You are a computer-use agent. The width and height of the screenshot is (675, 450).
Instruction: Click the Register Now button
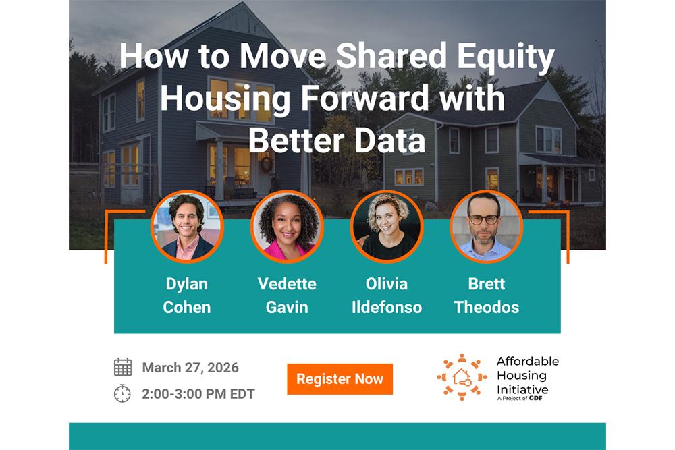click(340, 379)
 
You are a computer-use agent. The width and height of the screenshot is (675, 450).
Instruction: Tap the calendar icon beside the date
click(123, 367)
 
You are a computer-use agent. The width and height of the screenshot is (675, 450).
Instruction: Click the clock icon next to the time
click(122, 393)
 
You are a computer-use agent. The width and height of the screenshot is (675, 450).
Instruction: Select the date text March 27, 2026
click(190, 368)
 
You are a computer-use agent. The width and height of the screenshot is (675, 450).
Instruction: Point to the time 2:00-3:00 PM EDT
click(198, 394)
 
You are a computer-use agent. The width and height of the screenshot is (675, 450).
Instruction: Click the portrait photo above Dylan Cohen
click(187, 227)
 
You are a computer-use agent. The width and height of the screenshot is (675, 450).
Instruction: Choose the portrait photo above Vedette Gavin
click(287, 227)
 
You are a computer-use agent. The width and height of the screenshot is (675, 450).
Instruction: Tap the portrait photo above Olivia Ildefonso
click(387, 227)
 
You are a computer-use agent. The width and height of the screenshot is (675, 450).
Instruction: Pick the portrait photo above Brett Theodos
click(487, 227)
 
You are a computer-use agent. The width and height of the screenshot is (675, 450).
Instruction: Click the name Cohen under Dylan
click(187, 307)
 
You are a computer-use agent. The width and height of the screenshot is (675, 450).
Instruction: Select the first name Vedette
click(287, 284)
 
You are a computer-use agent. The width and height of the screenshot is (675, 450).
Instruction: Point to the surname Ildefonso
click(387, 307)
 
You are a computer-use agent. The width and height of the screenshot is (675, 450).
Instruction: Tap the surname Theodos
click(487, 307)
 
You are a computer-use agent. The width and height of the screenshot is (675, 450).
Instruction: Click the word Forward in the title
click(364, 98)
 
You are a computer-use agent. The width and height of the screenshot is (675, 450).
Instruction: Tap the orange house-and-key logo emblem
click(462, 377)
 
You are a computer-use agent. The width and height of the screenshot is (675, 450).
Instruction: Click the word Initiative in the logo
click(522, 390)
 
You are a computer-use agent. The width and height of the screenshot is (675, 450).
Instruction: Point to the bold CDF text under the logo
click(535, 398)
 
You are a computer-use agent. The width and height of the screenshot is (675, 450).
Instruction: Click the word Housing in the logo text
click(522, 376)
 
